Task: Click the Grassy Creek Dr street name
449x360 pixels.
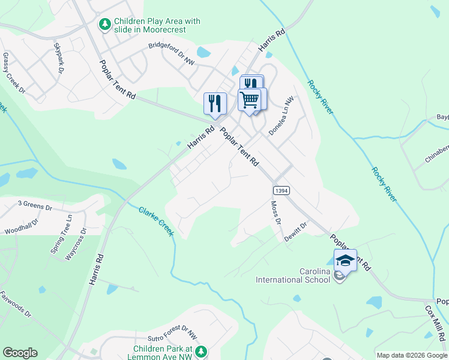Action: [x=14, y=73]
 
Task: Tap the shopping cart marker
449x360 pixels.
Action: [x=250, y=99]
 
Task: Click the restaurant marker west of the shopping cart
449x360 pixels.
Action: [x=214, y=103]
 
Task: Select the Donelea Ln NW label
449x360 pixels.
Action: [x=282, y=115]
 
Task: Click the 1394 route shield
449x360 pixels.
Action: [x=282, y=190]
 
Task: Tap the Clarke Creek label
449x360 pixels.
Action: [x=156, y=221]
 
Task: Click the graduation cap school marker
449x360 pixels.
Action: [x=345, y=259]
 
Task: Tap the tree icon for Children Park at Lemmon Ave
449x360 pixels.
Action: [x=202, y=351]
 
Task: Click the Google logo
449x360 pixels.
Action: [x=20, y=353]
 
